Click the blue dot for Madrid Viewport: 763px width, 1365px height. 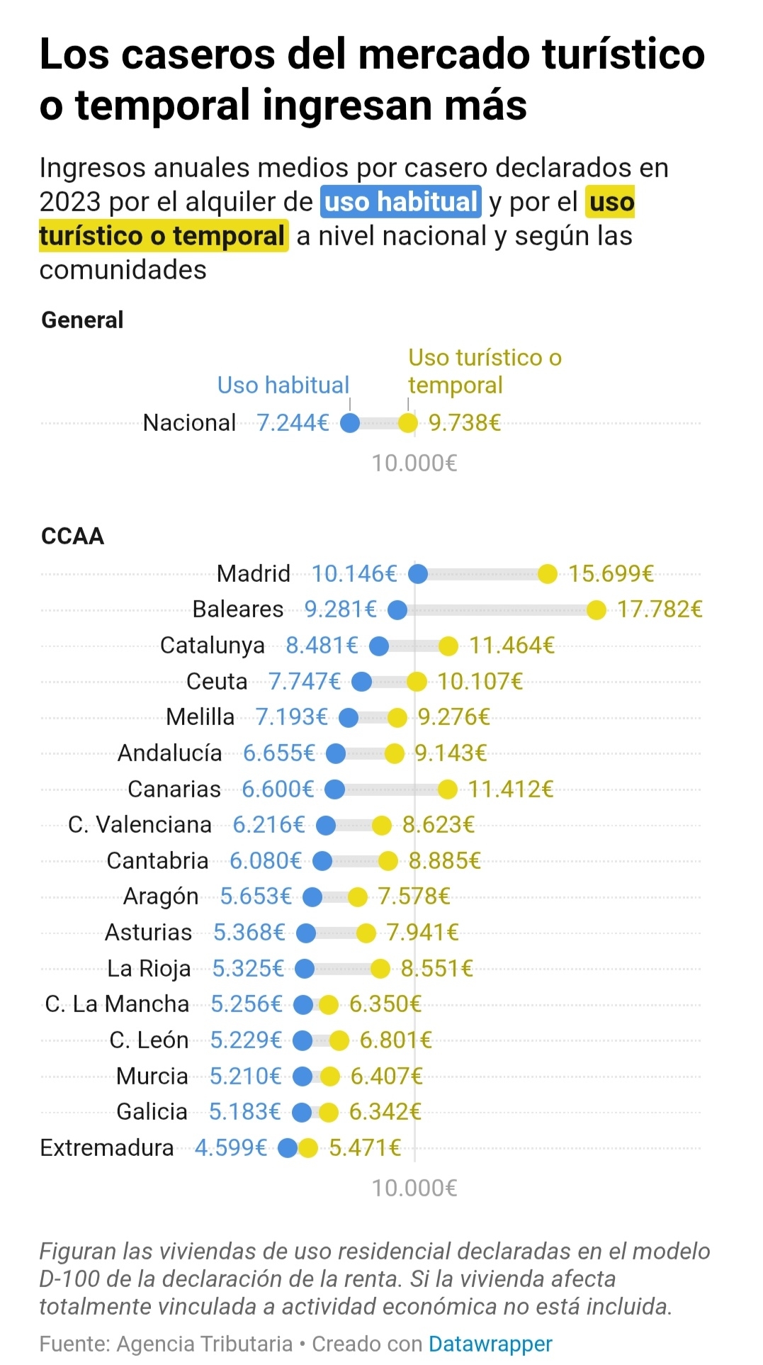pos(418,574)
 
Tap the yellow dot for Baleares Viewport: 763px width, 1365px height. pos(597,610)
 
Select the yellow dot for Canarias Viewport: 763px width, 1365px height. pos(447,789)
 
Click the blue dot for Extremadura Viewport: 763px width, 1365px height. pos(288,1147)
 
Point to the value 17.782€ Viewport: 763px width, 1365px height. pos(660,610)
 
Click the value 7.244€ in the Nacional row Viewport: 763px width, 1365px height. pos(293,423)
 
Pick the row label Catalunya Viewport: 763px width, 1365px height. pos(213,646)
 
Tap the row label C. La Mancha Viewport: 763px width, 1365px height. pos(117,1004)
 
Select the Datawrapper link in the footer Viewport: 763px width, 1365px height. pos(490,1344)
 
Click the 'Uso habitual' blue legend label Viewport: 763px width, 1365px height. pos(283,385)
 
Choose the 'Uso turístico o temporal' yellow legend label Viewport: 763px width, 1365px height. pos(485,371)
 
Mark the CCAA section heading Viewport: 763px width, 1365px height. pos(73,536)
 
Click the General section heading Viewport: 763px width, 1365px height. pos(83,320)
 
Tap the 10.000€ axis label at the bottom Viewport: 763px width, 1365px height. pos(414,1188)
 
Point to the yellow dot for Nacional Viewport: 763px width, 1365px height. pos(408,423)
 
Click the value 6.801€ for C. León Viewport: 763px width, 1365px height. pos(395,1040)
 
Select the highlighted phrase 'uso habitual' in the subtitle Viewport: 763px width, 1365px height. pos(401,202)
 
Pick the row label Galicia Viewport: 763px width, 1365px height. pos(152,1112)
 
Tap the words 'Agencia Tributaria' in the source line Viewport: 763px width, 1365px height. pos(205,1344)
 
